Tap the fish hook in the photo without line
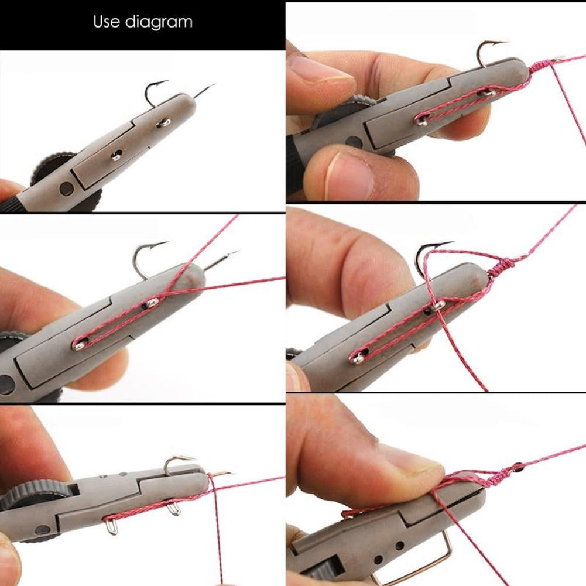(154, 94)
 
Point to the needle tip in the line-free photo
(212, 86)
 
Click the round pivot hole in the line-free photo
(67, 189)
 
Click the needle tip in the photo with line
(234, 253)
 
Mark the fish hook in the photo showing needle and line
(143, 258)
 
